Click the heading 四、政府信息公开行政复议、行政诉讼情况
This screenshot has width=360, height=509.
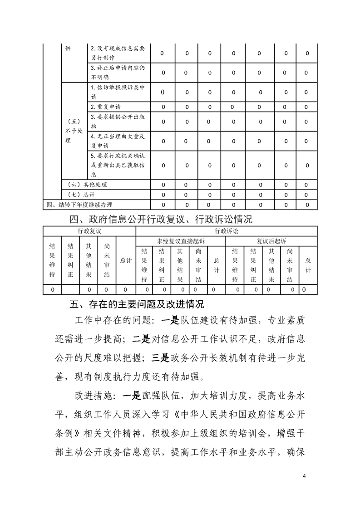[161, 220]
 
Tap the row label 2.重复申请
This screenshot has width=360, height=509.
[105, 107]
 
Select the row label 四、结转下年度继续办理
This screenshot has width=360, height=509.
[79, 205]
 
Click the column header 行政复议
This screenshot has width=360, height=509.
[89, 230]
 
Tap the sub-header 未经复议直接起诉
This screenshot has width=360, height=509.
[180, 241]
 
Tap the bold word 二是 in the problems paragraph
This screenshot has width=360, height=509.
[138, 338]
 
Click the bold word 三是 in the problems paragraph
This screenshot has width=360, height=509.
[161, 357]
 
